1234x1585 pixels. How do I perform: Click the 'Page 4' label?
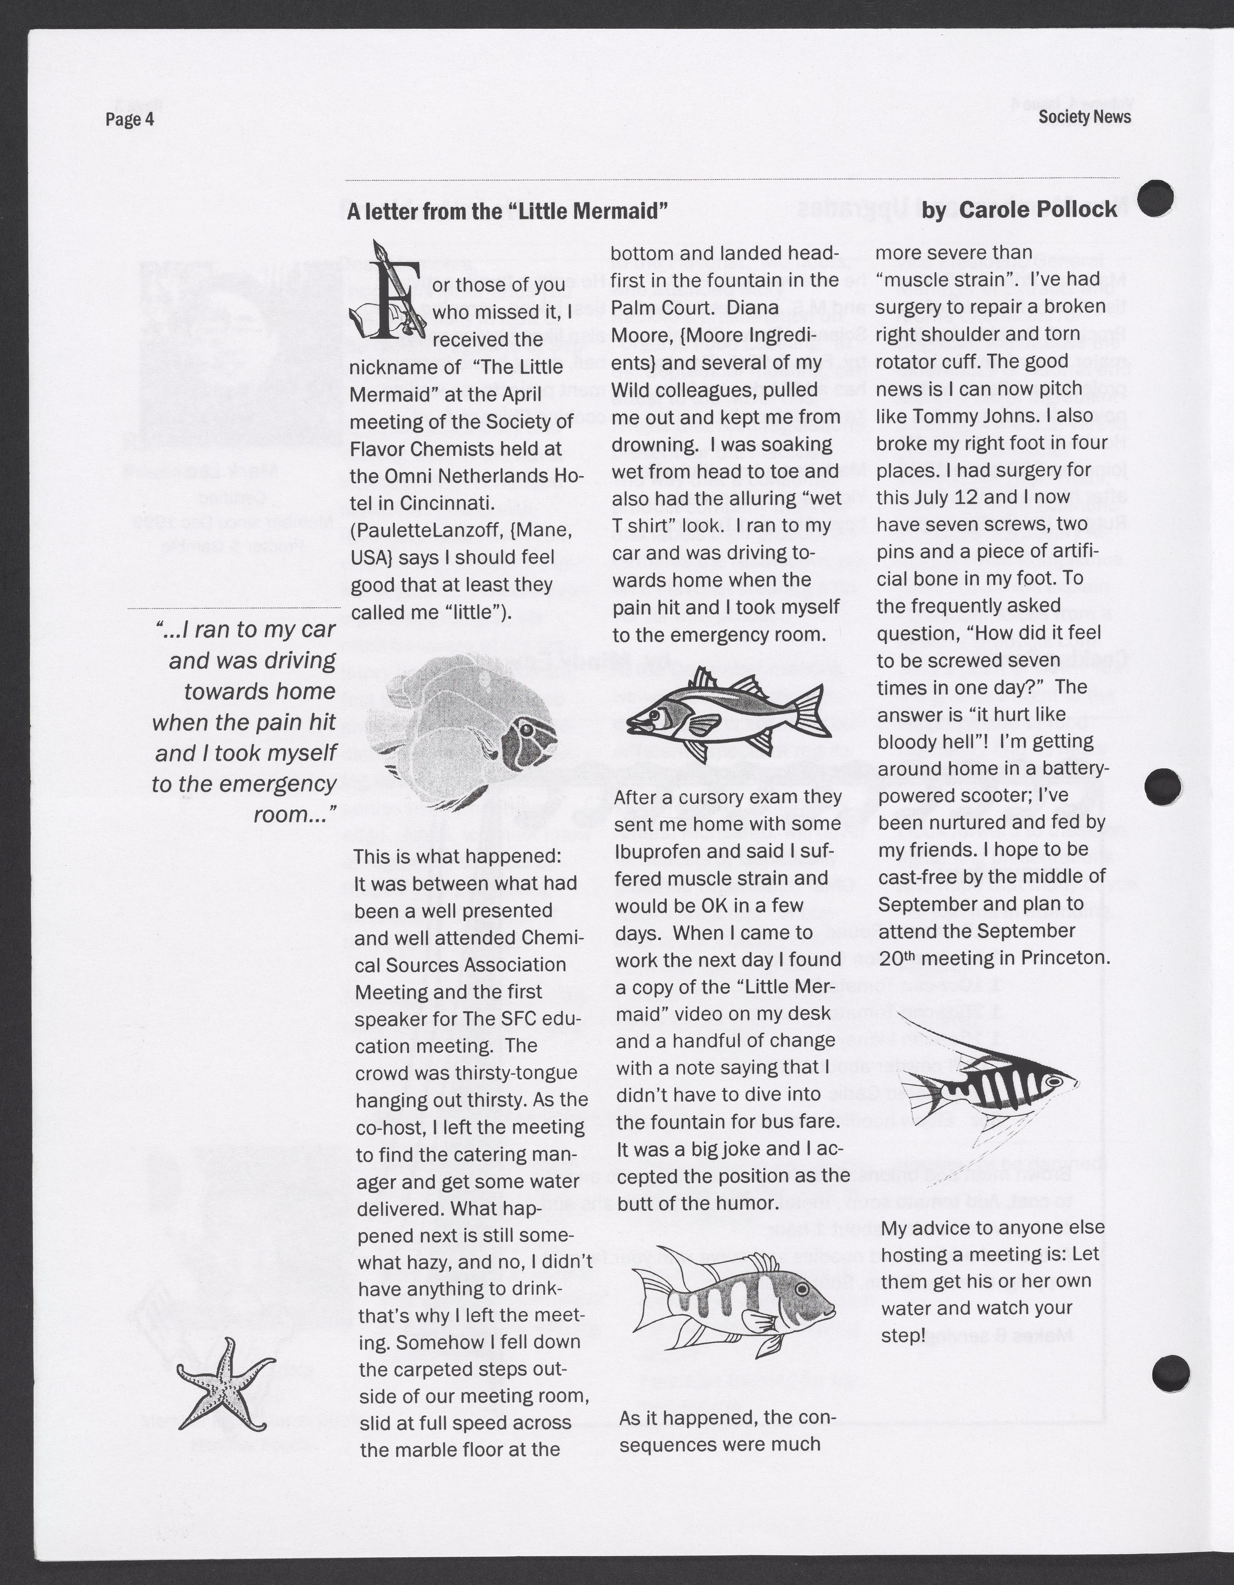[x=130, y=119]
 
